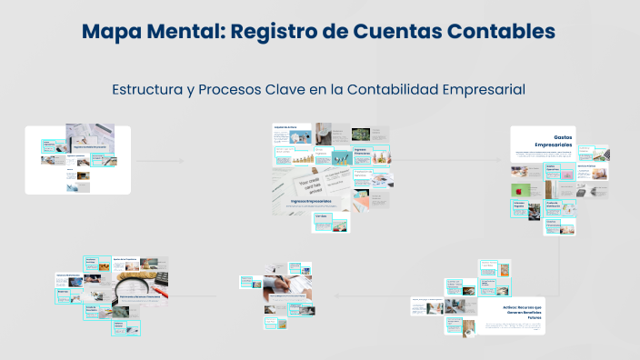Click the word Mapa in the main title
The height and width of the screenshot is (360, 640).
(115, 31)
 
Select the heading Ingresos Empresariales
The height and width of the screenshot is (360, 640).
(311, 202)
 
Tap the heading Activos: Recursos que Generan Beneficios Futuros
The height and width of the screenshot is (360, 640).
(509, 311)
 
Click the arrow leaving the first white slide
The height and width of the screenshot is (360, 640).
(159, 161)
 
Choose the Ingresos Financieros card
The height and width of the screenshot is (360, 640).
(361, 153)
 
